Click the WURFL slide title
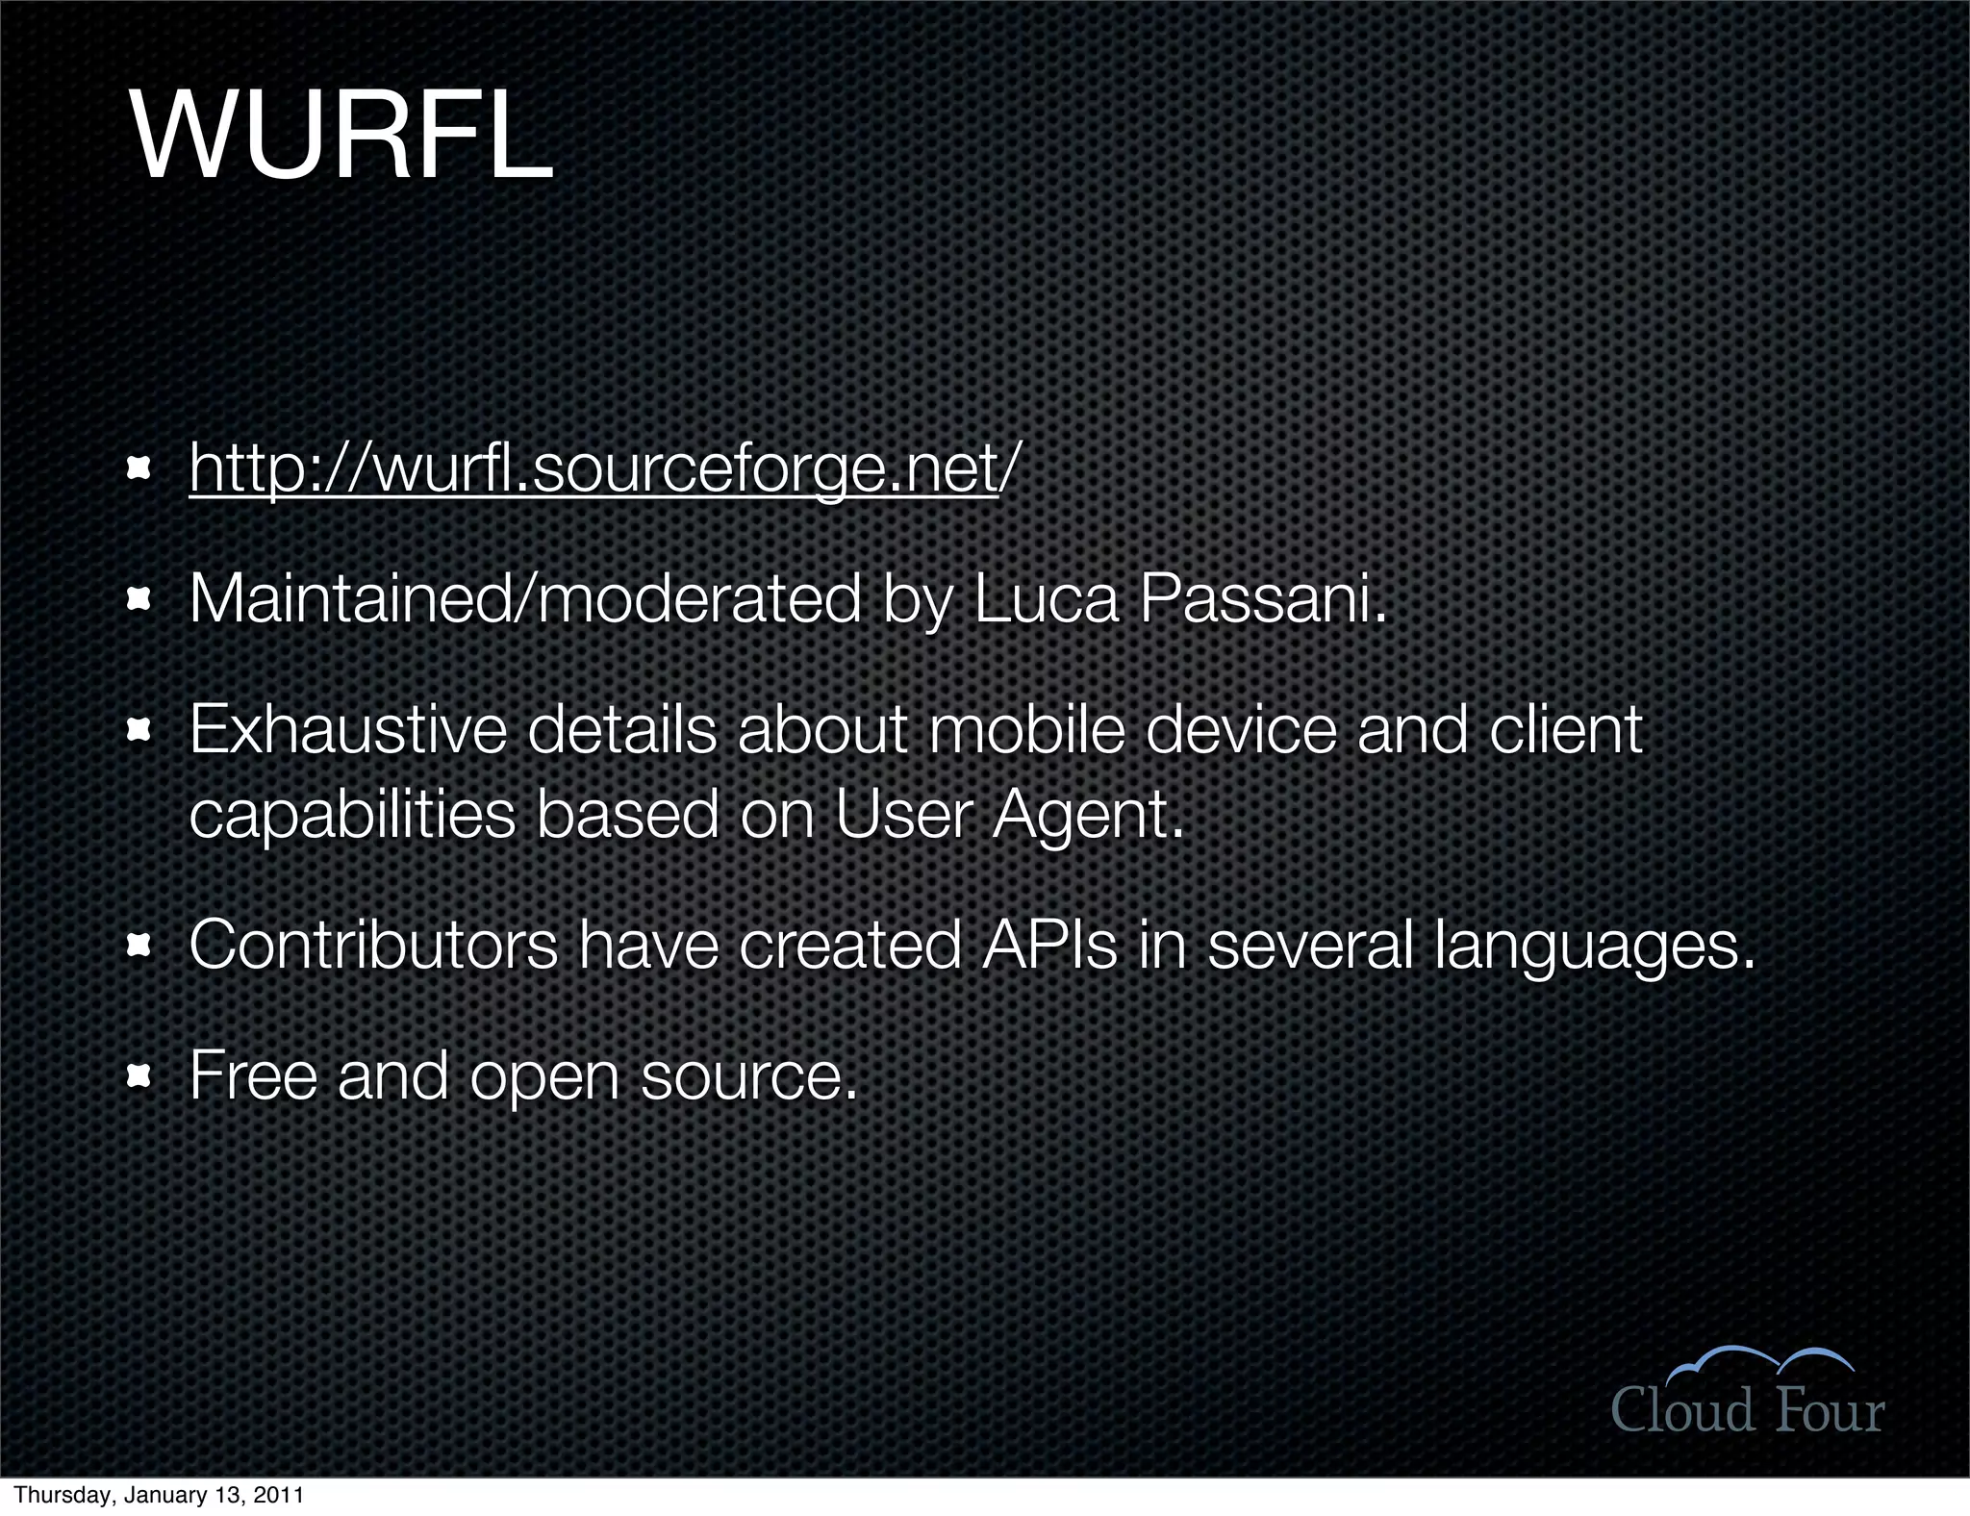tap(341, 138)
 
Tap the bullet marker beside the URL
tap(139, 469)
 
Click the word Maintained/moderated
tap(524, 598)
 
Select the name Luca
tap(1047, 598)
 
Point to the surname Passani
tap(1262, 598)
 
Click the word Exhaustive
tap(347, 729)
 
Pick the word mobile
tap(1026, 729)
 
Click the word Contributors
tap(373, 945)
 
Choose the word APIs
tap(1049, 945)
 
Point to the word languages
tap(1593, 947)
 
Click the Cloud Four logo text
tap(1747, 1410)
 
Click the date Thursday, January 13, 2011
tap(159, 1495)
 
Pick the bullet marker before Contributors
tap(139, 946)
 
